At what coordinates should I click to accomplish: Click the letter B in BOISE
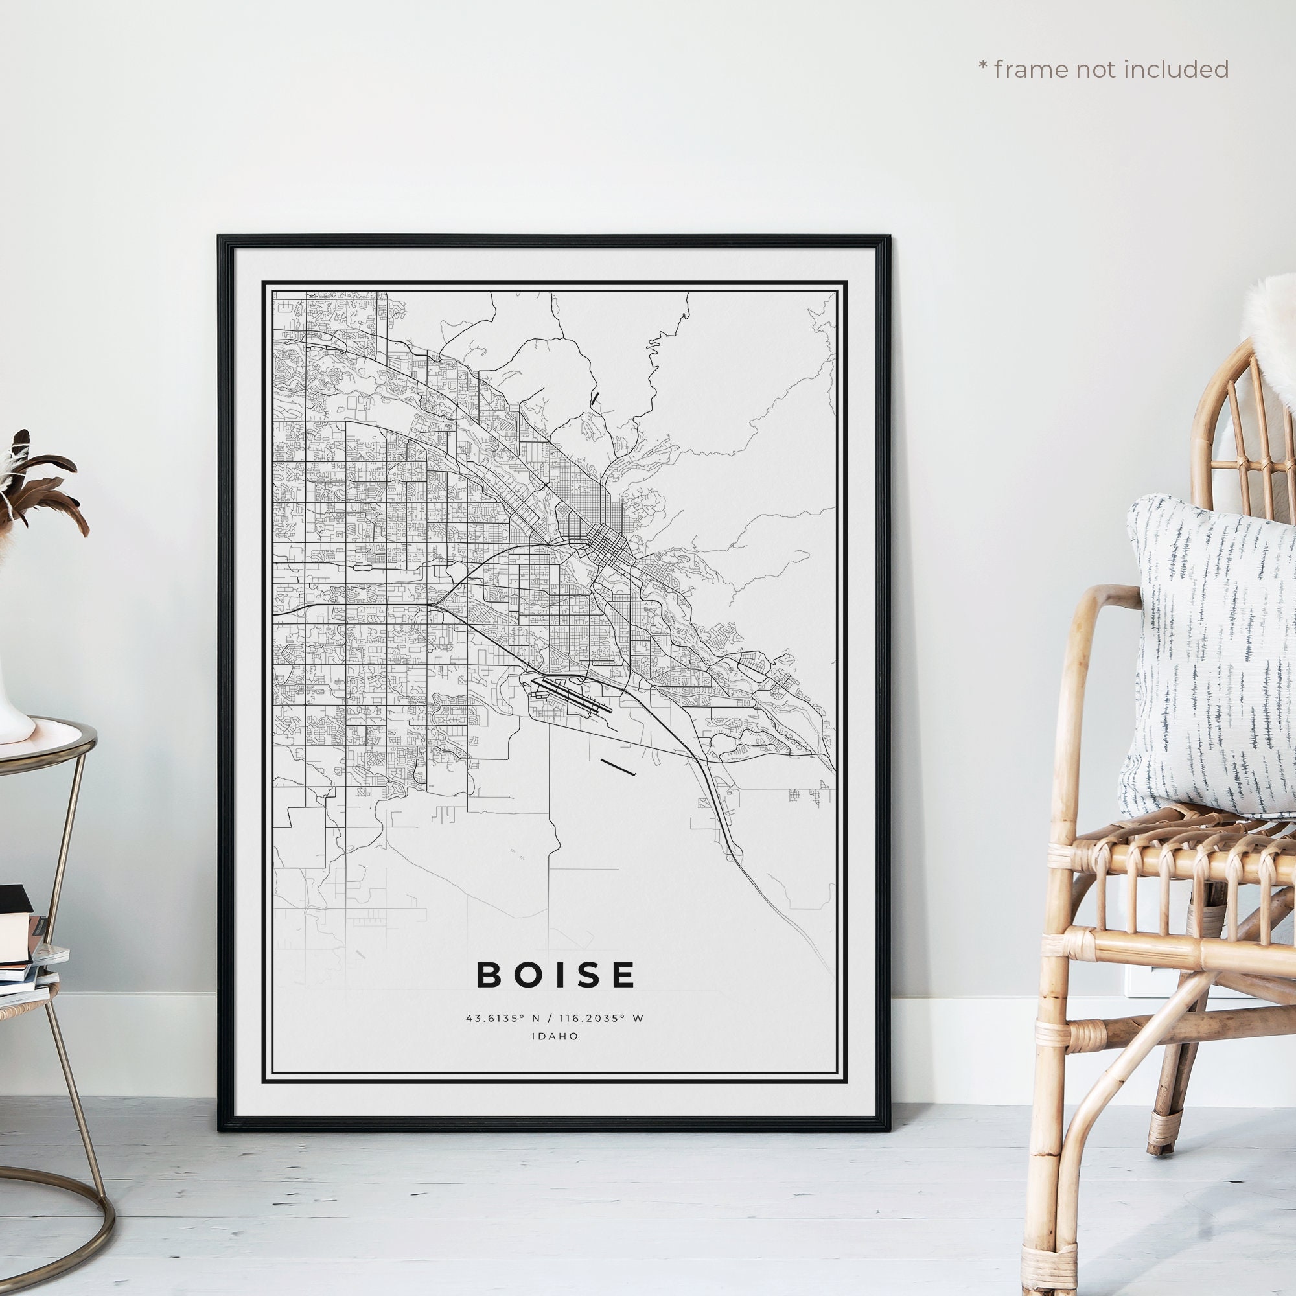point(490,975)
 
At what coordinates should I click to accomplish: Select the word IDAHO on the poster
point(555,1036)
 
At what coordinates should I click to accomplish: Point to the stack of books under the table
point(23,953)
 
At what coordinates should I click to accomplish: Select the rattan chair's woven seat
point(1167,839)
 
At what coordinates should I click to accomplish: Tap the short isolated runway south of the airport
point(618,767)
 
